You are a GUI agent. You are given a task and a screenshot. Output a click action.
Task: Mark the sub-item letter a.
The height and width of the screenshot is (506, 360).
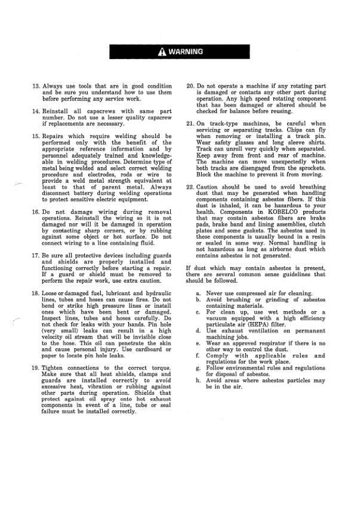[x=198, y=293]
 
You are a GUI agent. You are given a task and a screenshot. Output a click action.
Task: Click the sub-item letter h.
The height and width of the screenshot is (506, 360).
[x=198, y=381]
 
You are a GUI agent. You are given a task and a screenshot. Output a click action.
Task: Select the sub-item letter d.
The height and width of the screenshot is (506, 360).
[x=198, y=328]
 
